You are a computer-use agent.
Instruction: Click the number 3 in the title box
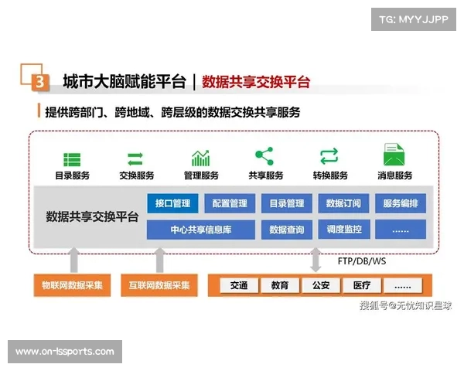(40, 80)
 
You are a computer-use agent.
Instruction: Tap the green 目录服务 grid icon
(72, 159)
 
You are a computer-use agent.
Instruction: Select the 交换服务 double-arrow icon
(136, 158)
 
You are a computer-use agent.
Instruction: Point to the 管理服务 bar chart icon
(201, 158)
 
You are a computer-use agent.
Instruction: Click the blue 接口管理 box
(172, 204)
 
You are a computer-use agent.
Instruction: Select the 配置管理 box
(230, 204)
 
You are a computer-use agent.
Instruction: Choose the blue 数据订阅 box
(343, 204)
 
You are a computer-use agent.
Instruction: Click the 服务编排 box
(401, 204)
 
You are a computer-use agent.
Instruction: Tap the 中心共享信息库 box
(201, 230)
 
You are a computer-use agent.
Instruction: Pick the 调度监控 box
(343, 230)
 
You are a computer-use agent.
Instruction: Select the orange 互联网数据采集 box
(159, 285)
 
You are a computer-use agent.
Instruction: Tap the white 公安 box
(321, 285)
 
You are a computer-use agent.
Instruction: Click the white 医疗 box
(362, 285)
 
